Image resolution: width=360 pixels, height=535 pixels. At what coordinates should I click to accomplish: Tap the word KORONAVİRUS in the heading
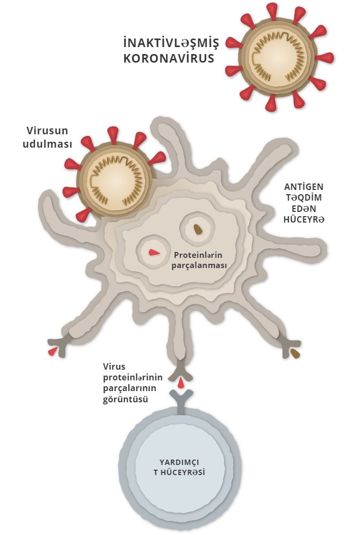168,58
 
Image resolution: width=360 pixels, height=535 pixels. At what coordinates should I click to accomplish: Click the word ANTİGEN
304,187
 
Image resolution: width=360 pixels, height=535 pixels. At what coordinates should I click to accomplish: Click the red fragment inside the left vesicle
154,253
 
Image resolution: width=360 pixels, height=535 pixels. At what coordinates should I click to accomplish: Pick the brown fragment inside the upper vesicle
198,230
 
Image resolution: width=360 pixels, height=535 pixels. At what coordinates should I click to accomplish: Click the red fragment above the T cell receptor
181,383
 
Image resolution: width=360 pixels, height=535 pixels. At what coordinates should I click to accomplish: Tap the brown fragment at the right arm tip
295,354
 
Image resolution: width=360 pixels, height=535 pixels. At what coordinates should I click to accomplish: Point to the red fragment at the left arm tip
52,351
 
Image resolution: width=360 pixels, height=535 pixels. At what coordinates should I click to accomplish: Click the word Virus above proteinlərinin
114,367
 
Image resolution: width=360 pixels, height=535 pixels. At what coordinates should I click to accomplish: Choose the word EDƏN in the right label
304,209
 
